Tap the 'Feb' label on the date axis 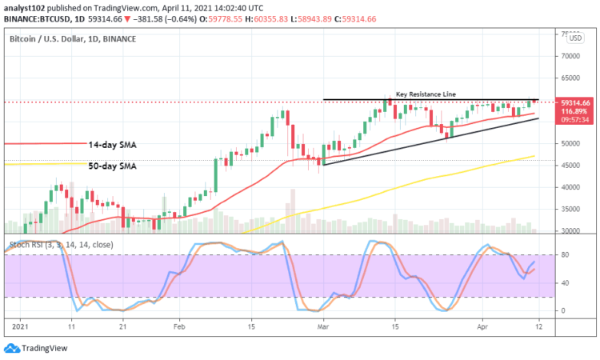click(179, 327)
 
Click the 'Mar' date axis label click(322, 327)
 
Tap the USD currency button click(576, 38)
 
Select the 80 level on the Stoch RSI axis click(564, 255)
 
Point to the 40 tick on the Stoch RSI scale click(564, 282)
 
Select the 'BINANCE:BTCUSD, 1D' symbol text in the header click(40, 18)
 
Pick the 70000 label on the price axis click(570, 56)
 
